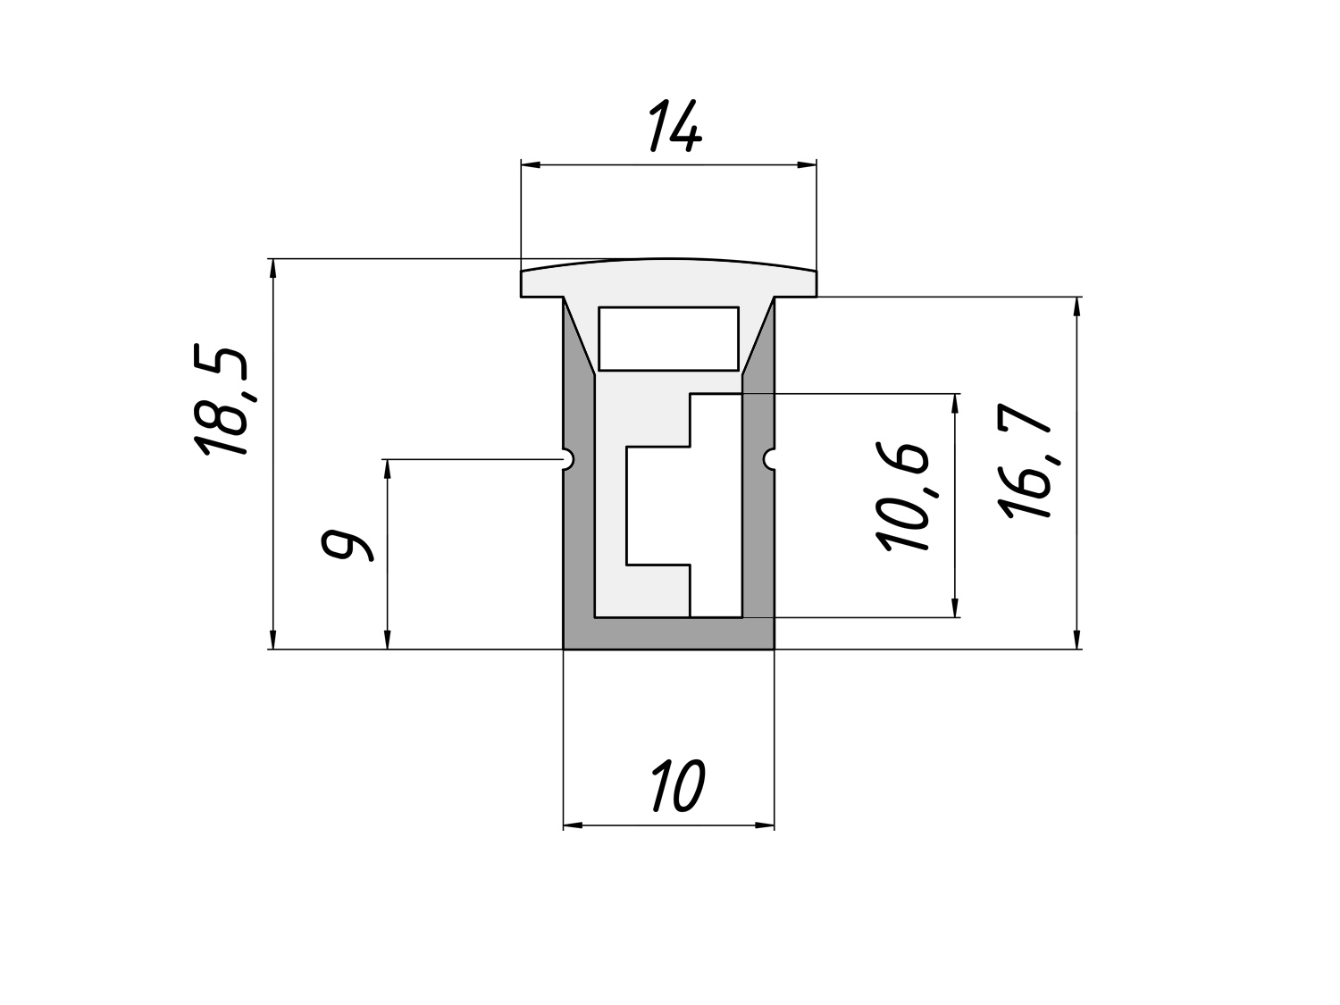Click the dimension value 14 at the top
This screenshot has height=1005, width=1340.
click(x=675, y=126)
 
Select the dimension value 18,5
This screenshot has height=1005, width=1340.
click(x=221, y=401)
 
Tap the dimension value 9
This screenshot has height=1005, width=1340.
click(x=346, y=545)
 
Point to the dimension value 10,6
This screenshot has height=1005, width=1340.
click(x=902, y=496)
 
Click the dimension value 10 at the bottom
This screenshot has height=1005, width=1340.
click(x=679, y=786)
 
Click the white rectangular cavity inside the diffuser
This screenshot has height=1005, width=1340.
click(x=668, y=339)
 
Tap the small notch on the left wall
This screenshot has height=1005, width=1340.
click(x=568, y=459)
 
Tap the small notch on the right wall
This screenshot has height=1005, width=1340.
click(x=769, y=459)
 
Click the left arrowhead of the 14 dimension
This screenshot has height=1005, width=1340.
click(x=531, y=164)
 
